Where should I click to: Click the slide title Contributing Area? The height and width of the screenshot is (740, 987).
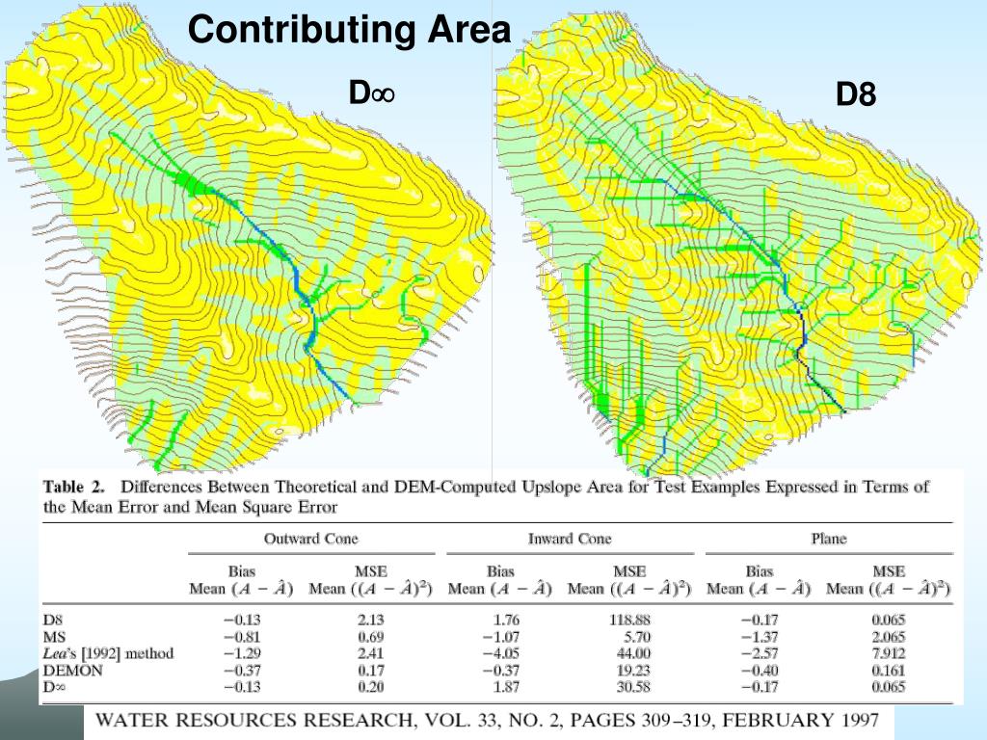pyautogui.click(x=349, y=30)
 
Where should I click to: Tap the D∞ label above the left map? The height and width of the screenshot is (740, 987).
pyautogui.click(x=373, y=93)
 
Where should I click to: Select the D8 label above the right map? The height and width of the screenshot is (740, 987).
pyautogui.click(x=856, y=94)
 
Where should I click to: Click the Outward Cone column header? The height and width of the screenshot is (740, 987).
pyautogui.click(x=310, y=538)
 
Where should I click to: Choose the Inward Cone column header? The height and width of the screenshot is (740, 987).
pyautogui.click(x=569, y=538)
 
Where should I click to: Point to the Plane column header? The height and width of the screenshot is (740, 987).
pyautogui.click(x=828, y=538)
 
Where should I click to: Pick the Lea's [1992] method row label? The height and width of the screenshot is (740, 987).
pyautogui.click(x=109, y=653)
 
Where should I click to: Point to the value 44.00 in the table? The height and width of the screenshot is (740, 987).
pyautogui.click(x=631, y=653)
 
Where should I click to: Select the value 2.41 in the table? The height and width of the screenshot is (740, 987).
pyautogui.click(x=371, y=653)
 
